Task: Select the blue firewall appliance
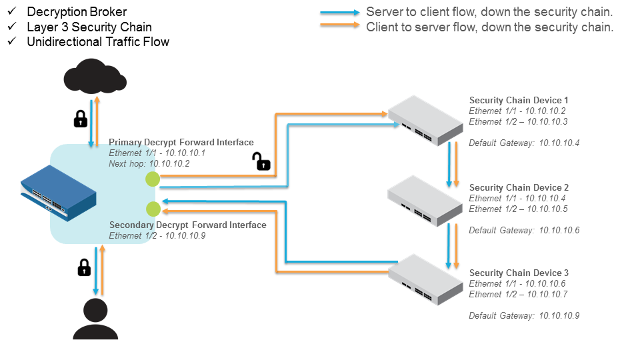pos(58,193)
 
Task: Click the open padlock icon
pos(261,161)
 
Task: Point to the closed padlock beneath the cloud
pos(80,118)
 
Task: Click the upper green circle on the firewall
pos(153,179)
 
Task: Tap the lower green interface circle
pos(153,209)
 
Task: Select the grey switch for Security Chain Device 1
pos(425,119)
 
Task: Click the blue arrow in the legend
pos(340,13)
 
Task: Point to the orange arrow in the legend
pos(340,27)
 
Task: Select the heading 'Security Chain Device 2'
pos(519,187)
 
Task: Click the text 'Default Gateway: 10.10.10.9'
pos(524,315)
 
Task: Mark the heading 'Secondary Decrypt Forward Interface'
pos(187,225)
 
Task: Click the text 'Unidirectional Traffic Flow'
pos(98,42)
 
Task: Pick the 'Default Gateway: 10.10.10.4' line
pos(524,143)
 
